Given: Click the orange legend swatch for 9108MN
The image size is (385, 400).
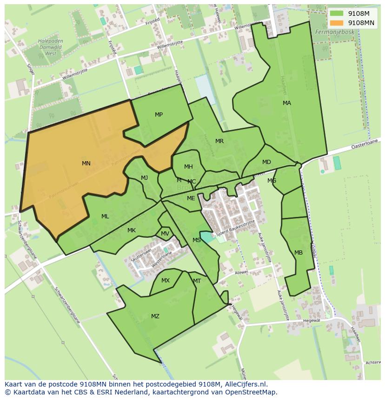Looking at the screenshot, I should click(337, 23).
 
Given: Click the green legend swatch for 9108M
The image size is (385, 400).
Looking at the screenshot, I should click(337, 13).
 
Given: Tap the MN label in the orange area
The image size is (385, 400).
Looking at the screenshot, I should click(86, 164).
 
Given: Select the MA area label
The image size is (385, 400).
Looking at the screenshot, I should click(287, 103).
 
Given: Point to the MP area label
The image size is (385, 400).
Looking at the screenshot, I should click(159, 115).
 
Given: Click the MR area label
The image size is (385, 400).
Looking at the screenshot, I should click(219, 141).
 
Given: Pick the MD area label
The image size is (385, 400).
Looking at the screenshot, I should click(266, 162).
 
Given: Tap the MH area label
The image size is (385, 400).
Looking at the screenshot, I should click(188, 167).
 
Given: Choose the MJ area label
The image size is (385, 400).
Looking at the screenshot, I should click(145, 178).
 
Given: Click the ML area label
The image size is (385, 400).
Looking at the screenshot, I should click(105, 216).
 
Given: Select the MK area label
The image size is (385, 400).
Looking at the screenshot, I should click(132, 230).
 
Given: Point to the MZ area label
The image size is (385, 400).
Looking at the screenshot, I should click(155, 316).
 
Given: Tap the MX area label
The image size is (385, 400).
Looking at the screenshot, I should click(166, 281).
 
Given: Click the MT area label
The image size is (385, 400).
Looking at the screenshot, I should click(197, 281).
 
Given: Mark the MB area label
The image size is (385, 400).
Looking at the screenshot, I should click(299, 253).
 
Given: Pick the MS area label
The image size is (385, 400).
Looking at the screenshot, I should click(197, 240).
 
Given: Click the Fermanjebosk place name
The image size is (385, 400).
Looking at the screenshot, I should click(334, 32).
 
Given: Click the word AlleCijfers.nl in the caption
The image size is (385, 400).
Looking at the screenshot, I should click(244, 384).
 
